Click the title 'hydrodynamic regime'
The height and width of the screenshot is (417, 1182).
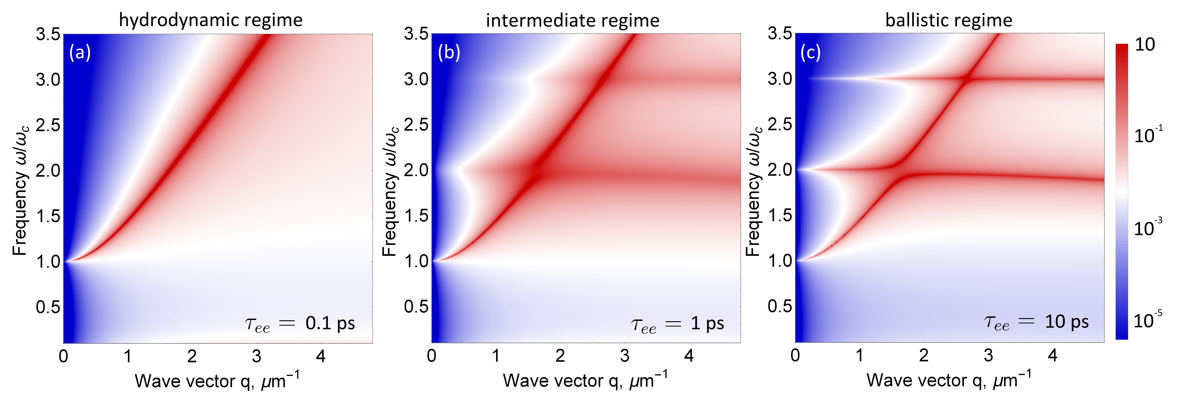[x=211, y=20]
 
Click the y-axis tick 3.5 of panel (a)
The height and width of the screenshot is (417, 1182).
[x=48, y=34]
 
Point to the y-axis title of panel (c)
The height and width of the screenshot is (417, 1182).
[x=754, y=191]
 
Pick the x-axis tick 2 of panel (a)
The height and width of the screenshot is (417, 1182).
[x=192, y=356]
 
